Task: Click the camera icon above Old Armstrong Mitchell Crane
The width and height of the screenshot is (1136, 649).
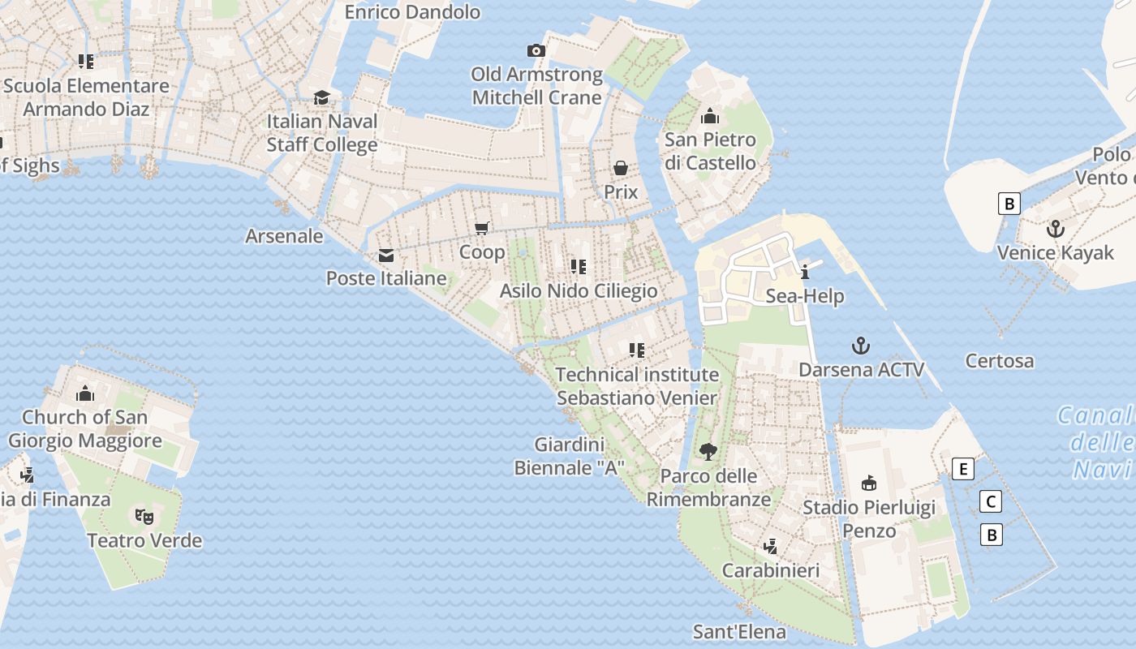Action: coord(536,51)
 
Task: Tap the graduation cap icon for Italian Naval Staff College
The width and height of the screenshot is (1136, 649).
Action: coord(322,97)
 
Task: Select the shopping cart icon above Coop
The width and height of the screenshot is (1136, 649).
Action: coord(482,229)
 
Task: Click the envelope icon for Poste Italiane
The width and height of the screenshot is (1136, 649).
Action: coord(386,256)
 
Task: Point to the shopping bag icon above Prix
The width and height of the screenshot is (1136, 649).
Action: coord(621,168)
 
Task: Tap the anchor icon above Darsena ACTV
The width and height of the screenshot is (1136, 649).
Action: coord(861,346)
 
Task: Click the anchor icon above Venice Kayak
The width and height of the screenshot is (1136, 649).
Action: coord(1055,229)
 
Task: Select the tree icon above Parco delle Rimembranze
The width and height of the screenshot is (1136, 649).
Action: coord(708,452)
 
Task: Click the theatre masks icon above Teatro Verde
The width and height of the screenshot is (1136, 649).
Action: coord(144,516)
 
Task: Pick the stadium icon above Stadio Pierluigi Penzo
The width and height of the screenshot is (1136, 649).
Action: coord(869,484)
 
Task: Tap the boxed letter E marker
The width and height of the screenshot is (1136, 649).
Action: coord(963,469)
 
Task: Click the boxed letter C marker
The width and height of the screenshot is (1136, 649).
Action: coord(991,501)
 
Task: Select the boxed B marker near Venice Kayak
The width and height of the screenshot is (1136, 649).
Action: coord(1009,203)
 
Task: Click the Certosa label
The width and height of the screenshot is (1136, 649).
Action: coord(1000,361)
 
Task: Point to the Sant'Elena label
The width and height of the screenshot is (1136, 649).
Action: coord(739,632)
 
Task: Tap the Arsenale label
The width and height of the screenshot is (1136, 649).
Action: coord(284,236)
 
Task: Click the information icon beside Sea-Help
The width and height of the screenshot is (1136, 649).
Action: coord(805,272)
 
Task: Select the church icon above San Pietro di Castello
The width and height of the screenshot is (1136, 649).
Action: coord(710,116)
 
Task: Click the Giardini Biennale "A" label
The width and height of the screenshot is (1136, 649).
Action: coord(570,456)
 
